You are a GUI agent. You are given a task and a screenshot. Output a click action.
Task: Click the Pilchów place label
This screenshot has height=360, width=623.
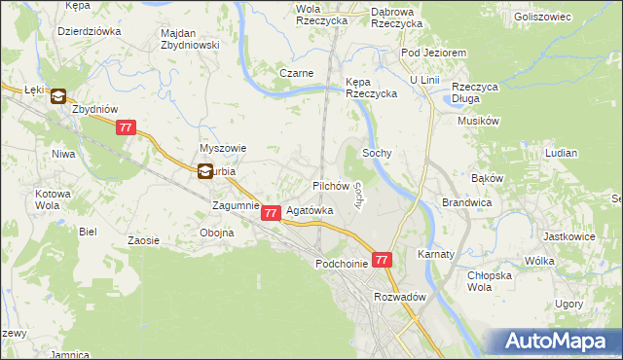tap(330, 185)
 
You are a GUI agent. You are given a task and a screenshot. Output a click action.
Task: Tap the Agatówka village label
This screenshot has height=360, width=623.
tap(311, 210)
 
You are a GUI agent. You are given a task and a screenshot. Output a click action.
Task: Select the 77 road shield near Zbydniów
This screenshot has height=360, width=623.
tap(126, 127)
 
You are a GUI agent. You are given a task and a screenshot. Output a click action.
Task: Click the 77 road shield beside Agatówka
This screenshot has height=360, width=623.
tap(272, 212)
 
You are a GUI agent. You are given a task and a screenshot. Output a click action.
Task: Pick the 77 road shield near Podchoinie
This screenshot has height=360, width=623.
tap(382, 260)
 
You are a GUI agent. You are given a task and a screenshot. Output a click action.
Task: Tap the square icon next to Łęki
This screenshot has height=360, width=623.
tap(57, 96)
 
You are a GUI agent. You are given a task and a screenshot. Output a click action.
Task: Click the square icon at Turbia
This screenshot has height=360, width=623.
tap(205, 171)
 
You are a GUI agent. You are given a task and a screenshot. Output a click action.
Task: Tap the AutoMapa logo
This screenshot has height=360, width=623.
tap(559, 342)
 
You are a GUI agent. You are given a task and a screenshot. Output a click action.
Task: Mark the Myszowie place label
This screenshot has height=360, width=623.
tap(223, 148)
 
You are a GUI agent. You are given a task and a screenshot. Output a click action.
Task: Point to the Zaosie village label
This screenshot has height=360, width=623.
tap(143, 239)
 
